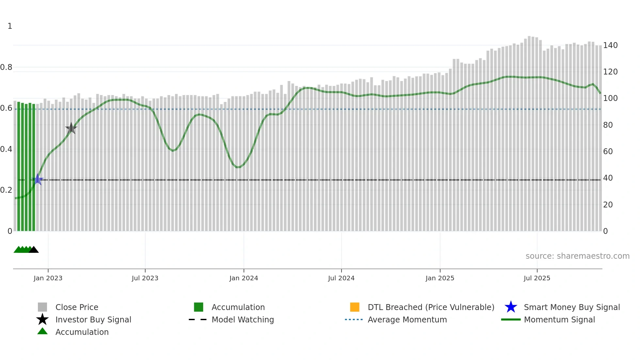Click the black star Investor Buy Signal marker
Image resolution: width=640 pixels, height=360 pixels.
[71, 128]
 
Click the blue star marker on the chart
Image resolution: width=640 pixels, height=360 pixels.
[38, 180]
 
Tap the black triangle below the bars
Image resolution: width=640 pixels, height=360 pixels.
[34, 250]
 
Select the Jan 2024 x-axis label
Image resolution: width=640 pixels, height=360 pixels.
[244, 278]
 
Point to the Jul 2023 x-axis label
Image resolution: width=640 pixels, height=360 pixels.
[145, 278]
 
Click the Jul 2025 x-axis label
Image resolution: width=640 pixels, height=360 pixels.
[537, 278]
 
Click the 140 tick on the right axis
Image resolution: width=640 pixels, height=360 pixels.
[610, 45]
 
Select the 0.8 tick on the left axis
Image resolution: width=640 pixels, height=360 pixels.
[6, 67]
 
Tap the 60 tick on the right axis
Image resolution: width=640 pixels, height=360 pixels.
[608, 152]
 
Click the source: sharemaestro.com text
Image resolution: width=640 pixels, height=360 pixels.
[577, 256]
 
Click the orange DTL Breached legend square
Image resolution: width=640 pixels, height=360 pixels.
[355, 307]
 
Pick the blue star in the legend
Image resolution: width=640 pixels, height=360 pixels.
[511, 307]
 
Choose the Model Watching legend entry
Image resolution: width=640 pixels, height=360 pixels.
[242, 319]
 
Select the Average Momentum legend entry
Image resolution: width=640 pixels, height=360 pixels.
[407, 319]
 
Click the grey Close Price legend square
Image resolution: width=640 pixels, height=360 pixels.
[42, 307]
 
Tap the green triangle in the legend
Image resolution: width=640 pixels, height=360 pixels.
[42, 332]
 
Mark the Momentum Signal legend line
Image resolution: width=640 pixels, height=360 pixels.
[511, 319]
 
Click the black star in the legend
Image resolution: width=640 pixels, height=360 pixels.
[42, 319]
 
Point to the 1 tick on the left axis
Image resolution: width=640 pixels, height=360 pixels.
[10, 26]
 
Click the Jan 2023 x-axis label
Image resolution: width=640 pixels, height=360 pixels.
[48, 278]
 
